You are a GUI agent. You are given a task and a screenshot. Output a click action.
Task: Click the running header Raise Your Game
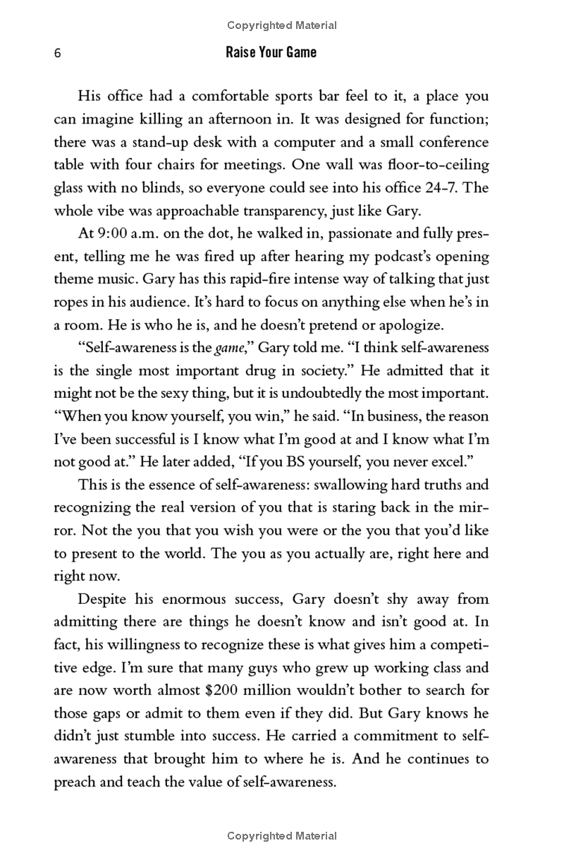pyautogui.click(x=271, y=52)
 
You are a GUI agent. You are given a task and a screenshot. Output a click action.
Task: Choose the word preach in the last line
pyautogui.click(x=75, y=782)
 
